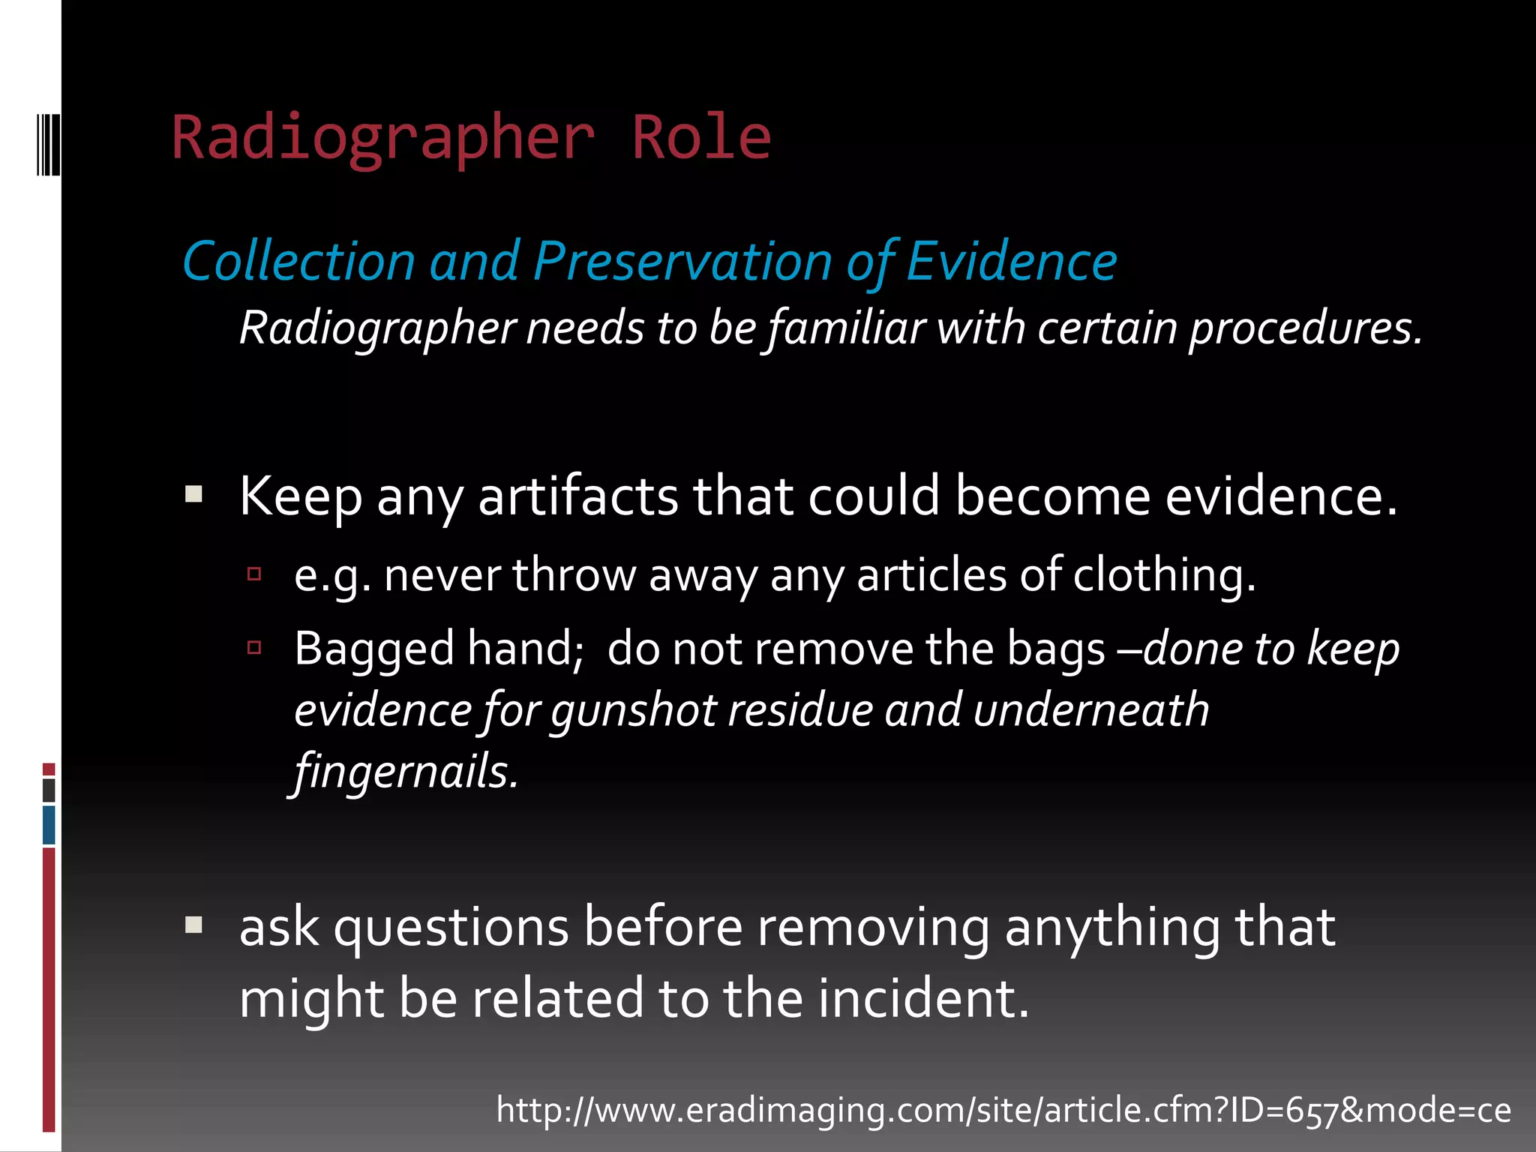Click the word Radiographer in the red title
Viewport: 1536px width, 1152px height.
pyautogui.click(x=383, y=139)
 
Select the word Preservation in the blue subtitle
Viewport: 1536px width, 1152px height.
pyautogui.click(x=682, y=262)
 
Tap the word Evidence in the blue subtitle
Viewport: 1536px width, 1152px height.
pyautogui.click(x=1012, y=262)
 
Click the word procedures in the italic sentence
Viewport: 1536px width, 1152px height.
pyautogui.click(x=1305, y=328)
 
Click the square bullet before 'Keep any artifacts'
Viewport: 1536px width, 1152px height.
pyautogui.click(x=194, y=493)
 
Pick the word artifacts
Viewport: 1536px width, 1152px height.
pyautogui.click(x=578, y=496)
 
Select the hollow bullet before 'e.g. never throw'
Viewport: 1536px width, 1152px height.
pyautogui.click(x=254, y=574)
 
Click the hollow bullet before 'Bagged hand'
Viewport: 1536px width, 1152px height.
pyautogui.click(x=254, y=647)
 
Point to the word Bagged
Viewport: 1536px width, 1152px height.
pyautogui.click(x=374, y=649)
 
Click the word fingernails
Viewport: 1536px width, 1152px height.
pyautogui.click(x=406, y=772)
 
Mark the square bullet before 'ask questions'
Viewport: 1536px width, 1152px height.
pyautogui.click(x=194, y=925)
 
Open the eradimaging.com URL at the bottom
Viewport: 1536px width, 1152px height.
pyautogui.click(x=1003, y=1110)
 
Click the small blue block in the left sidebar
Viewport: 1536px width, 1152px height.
pyautogui.click(x=49, y=824)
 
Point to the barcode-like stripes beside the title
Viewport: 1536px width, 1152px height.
pyautogui.click(x=48, y=143)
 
